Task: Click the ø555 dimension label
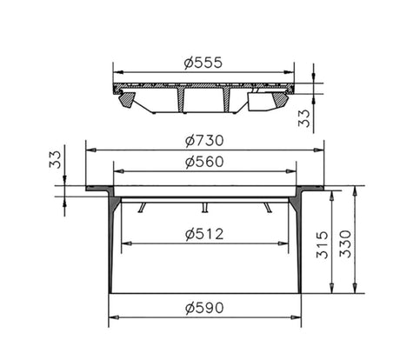tap(204, 62)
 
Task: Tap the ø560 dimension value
tap(204, 162)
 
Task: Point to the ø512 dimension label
tap(204, 233)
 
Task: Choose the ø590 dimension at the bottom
tap(204, 306)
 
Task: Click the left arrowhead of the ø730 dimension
tap(89, 150)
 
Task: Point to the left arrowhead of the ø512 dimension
tap(124, 243)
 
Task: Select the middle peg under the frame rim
tap(204, 206)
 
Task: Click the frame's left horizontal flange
tap(97, 189)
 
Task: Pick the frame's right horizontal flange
tap(311, 189)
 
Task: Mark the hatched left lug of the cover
tap(128, 100)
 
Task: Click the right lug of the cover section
tap(280, 100)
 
